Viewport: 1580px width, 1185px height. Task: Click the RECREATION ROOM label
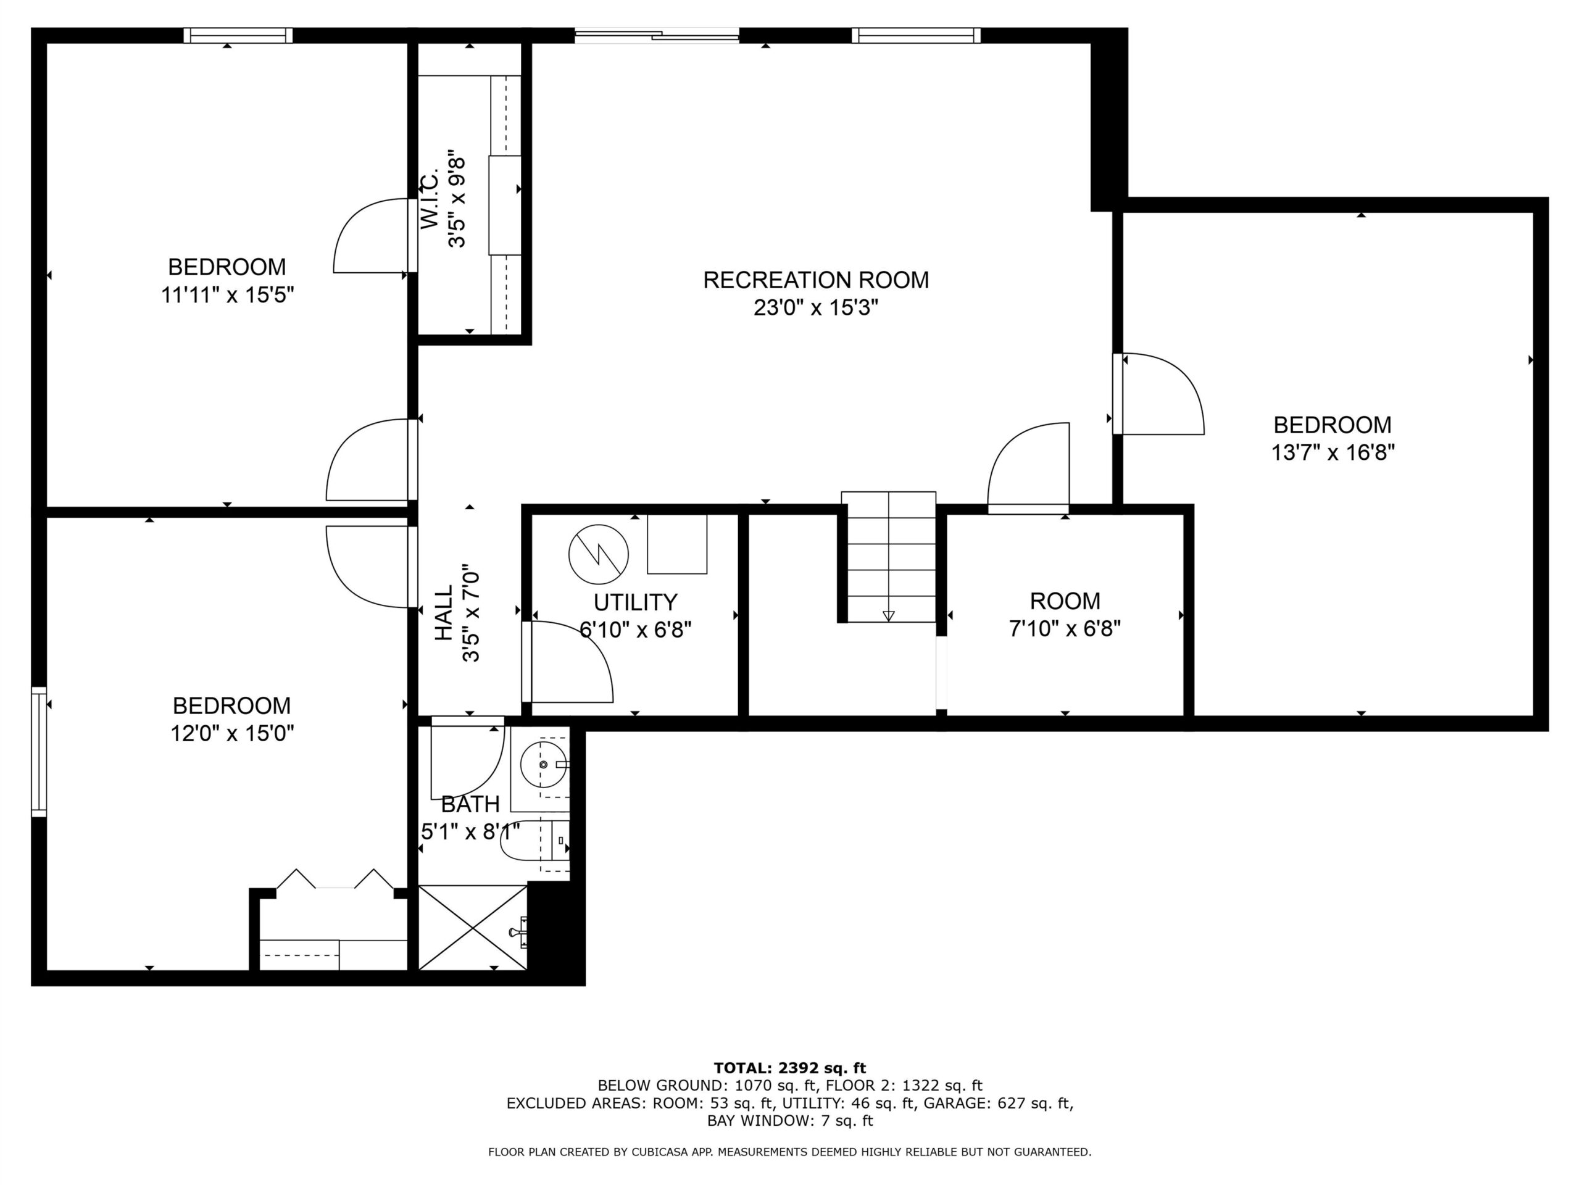[816, 280]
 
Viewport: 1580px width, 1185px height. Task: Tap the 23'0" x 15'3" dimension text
[816, 308]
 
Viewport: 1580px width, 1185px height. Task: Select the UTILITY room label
[635, 603]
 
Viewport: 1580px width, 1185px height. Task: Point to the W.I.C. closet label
[428, 201]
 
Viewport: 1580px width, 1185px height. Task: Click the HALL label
[444, 613]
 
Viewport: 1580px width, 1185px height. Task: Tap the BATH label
[470, 804]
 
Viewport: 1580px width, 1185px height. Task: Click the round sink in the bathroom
[544, 764]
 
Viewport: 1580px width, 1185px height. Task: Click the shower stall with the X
[473, 928]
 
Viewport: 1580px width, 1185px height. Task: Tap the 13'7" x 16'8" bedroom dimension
[1333, 453]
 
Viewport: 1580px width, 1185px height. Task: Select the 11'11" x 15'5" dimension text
[227, 295]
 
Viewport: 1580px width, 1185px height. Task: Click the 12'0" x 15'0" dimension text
[232, 734]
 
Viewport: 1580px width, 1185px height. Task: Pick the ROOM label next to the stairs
[1065, 601]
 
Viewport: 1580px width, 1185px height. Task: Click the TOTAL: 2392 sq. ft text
[790, 1068]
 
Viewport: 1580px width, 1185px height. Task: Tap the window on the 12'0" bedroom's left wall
[38, 752]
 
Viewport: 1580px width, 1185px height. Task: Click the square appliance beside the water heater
[677, 544]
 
